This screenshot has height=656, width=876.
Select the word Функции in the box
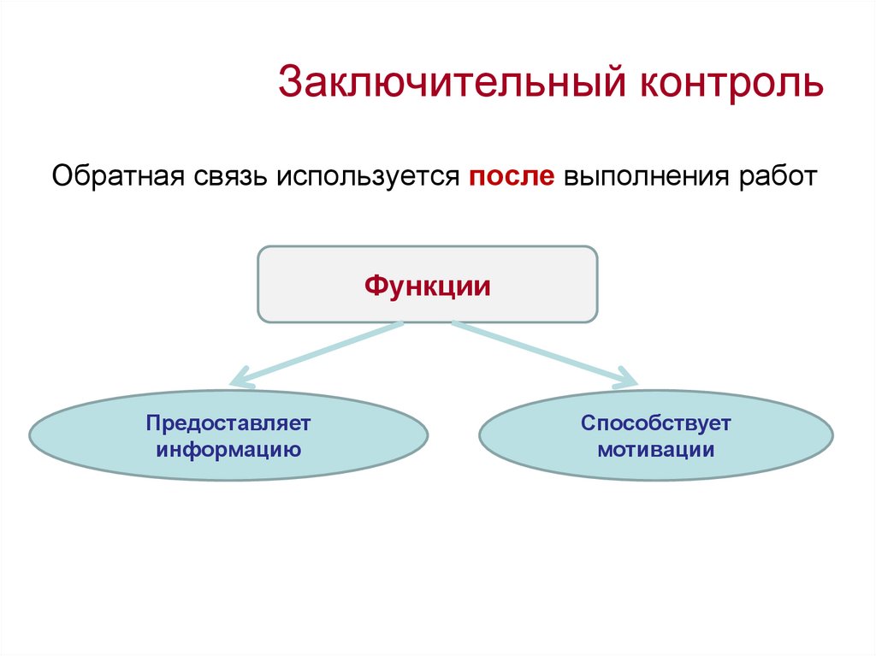[x=428, y=285]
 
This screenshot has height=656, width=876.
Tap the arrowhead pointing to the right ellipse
[x=626, y=378]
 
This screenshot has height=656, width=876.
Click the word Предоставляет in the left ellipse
[x=228, y=423]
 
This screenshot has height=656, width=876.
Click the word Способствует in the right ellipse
[x=656, y=423]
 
